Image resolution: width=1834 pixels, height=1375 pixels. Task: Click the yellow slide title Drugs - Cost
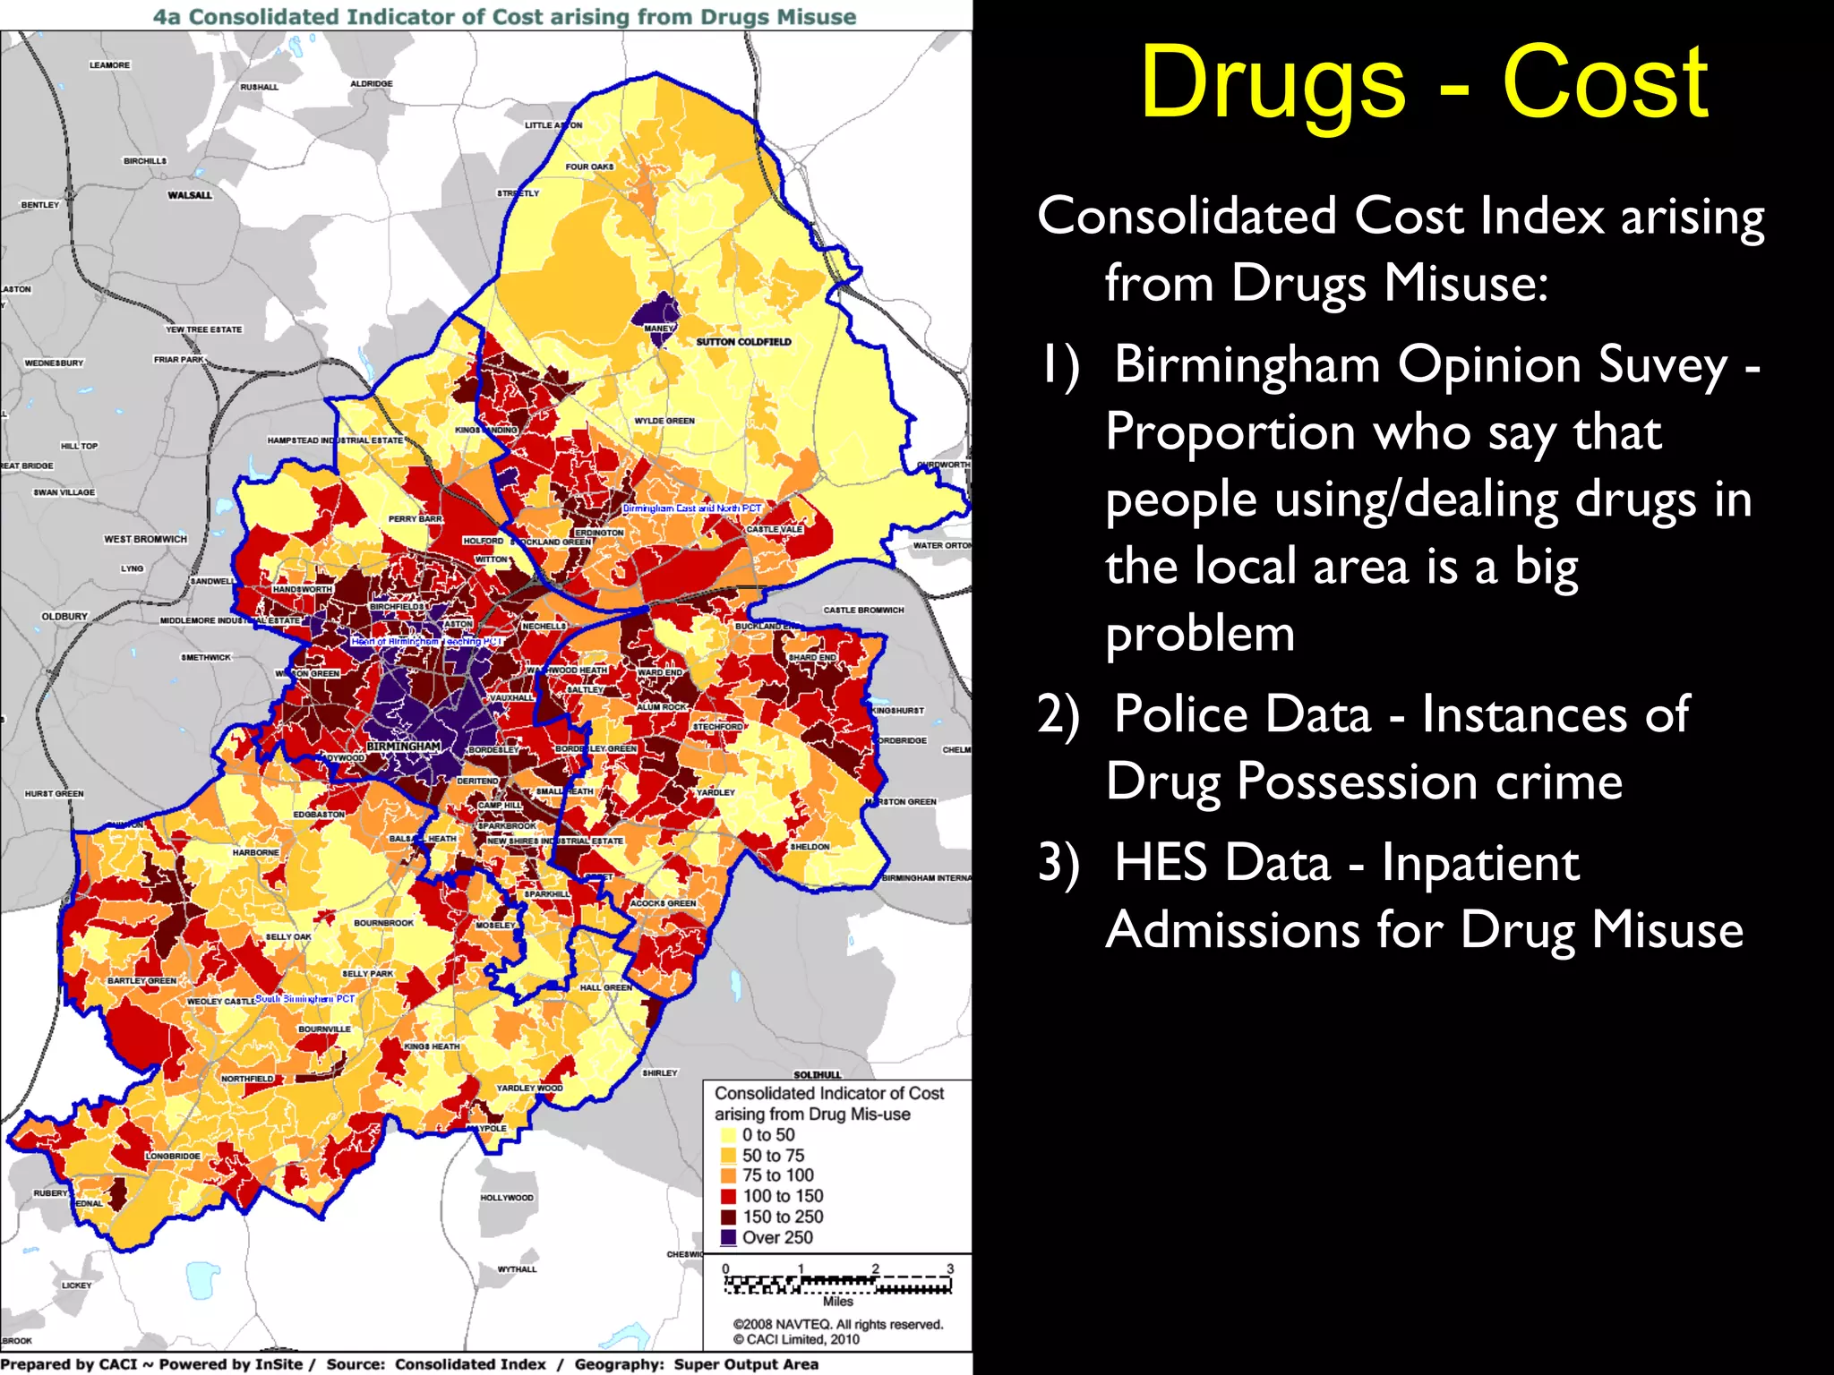pyautogui.click(x=1424, y=82)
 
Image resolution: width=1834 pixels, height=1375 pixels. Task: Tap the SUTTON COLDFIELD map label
pyautogui.click(x=743, y=342)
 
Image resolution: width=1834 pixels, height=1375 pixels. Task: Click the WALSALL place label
pyautogui.click(x=190, y=195)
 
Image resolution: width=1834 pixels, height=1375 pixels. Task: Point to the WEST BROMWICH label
pyautogui.click(x=145, y=539)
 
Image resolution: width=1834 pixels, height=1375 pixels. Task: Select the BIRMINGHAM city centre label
pyautogui.click(x=403, y=747)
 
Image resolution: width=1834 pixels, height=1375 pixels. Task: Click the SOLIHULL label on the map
pyautogui.click(x=817, y=1074)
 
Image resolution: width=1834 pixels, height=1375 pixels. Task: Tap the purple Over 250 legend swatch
pyautogui.click(x=728, y=1238)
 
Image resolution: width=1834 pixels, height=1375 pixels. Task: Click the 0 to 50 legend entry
pyautogui.click(x=767, y=1135)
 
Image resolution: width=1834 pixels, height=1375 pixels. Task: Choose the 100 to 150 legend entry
pyautogui.click(x=782, y=1196)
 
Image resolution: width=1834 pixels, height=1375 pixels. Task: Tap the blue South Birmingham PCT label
pyautogui.click(x=304, y=998)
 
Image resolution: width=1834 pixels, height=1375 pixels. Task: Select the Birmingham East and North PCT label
pyautogui.click(x=691, y=508)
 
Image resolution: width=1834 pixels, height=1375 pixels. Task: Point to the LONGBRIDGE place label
pyautogui.click(x=173, y=1156)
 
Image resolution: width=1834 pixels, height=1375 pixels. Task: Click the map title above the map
pyautogui.click(x=504, y=17)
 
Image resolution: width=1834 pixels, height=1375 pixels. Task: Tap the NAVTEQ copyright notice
pyautogui.click(x=837, y=1324)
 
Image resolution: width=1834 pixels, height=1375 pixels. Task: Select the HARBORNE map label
pyautogui.click(x=255, y=852)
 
